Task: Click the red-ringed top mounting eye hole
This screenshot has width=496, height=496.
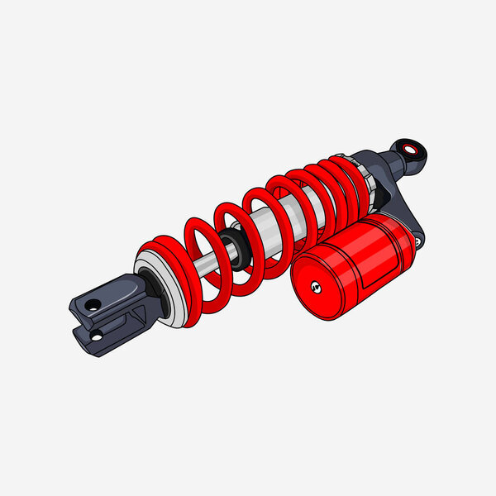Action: coord(411,149)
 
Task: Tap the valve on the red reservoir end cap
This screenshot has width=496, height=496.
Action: coord(314,287)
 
